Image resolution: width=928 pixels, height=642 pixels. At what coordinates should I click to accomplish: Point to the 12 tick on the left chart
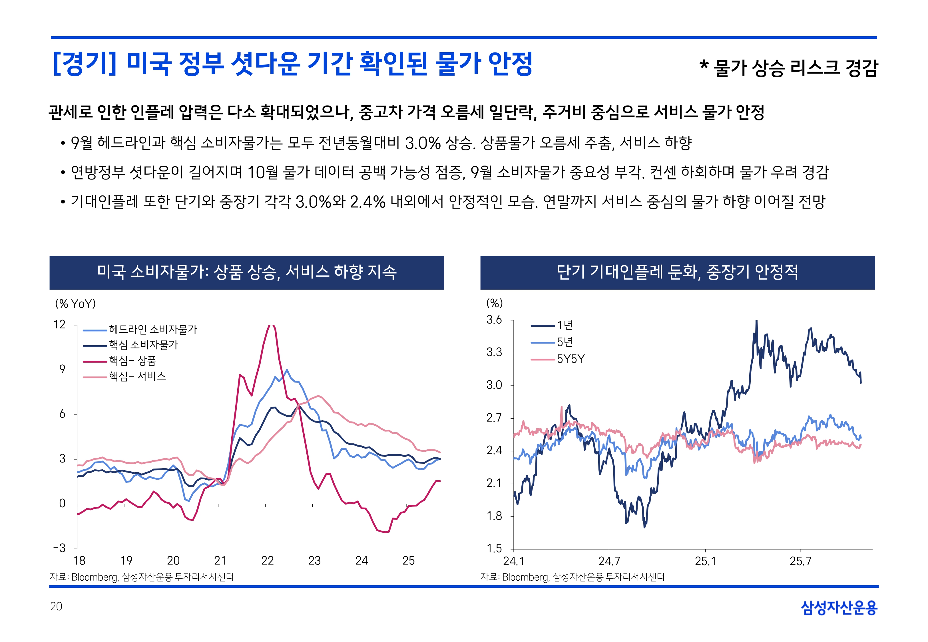point(60,325)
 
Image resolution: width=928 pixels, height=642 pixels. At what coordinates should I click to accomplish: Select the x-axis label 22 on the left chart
point(267,561)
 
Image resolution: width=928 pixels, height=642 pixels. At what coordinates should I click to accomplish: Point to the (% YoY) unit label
point(75,304)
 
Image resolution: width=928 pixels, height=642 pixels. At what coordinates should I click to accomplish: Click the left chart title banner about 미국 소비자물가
point(247,272)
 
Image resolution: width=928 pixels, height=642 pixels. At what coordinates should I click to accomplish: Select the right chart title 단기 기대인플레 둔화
point(677,272)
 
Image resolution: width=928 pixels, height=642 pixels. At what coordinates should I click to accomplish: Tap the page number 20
point(56,607)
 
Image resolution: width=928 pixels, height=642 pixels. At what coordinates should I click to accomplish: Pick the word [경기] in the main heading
point(85,64)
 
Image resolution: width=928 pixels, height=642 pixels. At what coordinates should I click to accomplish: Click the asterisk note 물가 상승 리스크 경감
point(789,68)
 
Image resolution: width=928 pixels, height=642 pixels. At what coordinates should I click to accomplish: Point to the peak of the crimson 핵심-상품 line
point(272,326)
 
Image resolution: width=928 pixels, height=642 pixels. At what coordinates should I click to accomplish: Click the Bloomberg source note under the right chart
point(572,577)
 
